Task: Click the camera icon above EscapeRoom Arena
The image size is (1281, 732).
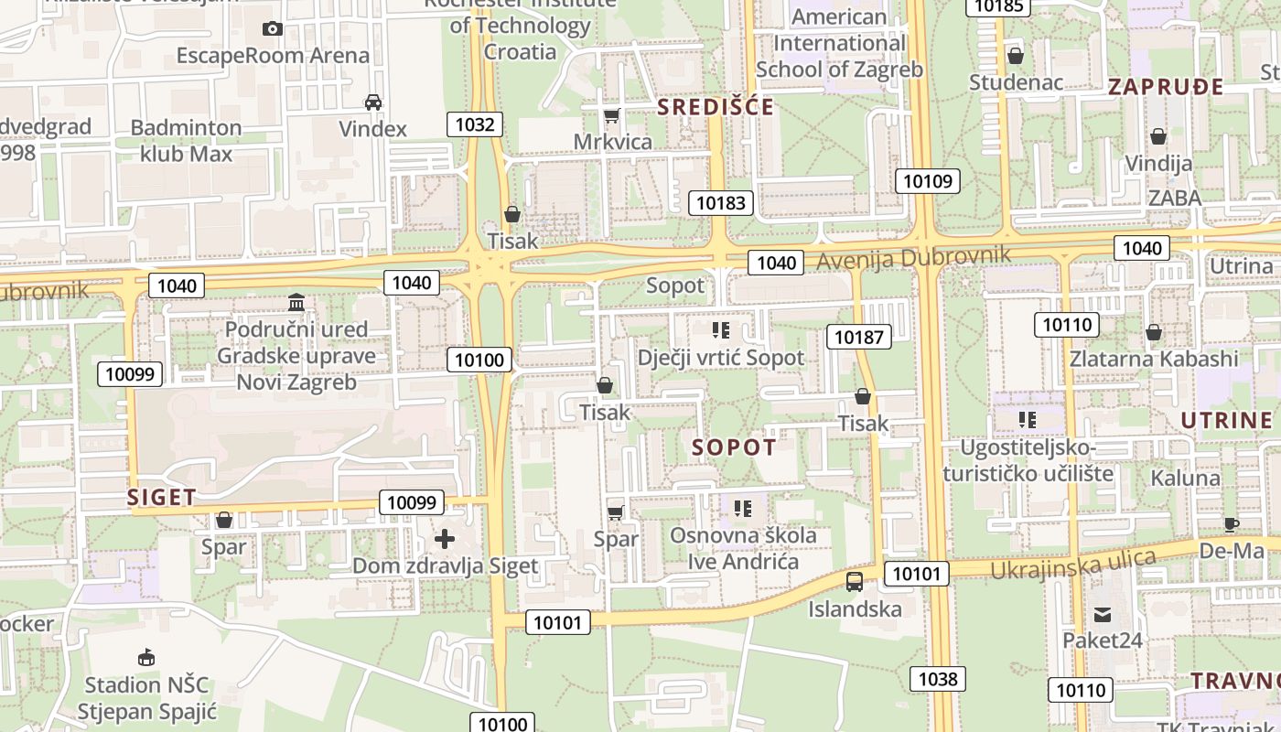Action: coord(272,28)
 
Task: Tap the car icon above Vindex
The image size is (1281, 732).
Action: coord(373,102)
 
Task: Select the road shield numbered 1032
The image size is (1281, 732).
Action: coord(475,124)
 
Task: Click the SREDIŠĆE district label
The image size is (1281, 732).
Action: coord(716,107)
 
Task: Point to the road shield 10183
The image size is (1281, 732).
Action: coord(721,203)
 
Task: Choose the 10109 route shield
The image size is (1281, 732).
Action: coord(928,180)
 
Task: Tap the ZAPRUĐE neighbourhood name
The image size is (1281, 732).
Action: coord(1166,87)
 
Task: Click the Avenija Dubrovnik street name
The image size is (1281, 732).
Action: coord(913,257)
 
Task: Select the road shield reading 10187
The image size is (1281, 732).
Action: coord(859,337)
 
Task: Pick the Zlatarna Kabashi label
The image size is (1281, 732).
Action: coord(1154,358)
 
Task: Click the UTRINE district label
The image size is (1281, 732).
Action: coord(1226,421)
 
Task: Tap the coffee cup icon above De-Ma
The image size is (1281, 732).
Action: coord(1232,524)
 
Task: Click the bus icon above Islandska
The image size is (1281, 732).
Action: coord(855,581)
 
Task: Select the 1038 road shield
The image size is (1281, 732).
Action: coord(938,678)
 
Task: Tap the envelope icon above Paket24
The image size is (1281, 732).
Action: coord(1102,614)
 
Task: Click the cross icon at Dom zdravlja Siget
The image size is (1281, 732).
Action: coord(445,539)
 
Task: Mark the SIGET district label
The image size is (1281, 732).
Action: coord(161,498)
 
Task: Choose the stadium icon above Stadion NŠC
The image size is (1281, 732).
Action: coord(145,657)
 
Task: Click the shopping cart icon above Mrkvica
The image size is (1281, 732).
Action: coord(612,115)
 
